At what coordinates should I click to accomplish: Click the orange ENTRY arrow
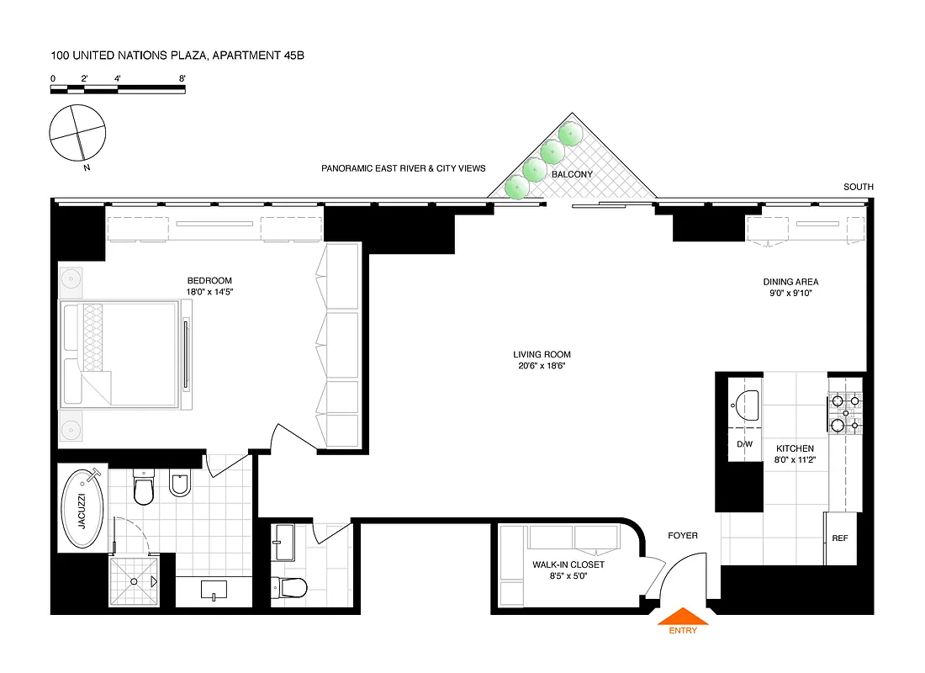pyautogui.click(x=682, y=617)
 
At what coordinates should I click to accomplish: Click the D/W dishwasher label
pyautogui.click(x=744, y=443)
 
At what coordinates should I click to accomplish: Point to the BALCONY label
pyautogui.click(x=572, y=174)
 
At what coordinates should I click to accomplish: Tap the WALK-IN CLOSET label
pyautogui.click(x=568, y=565)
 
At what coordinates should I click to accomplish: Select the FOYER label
pyautogui.click(x=682, y=535)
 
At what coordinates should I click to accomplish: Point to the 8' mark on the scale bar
pyautogui.click(x=182, y=78)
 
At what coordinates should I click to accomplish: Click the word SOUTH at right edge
pyautogui.click(x=858, y=187)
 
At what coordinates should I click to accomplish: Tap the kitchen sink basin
pyautogui.click(x=744, y=403)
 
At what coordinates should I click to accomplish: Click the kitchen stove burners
pyautogui.click(x=845, y=413)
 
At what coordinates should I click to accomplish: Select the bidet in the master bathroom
pyautogui.click(x=180, y=485)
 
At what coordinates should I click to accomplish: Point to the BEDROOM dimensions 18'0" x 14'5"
pyautogui.click(x=209, y=292)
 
